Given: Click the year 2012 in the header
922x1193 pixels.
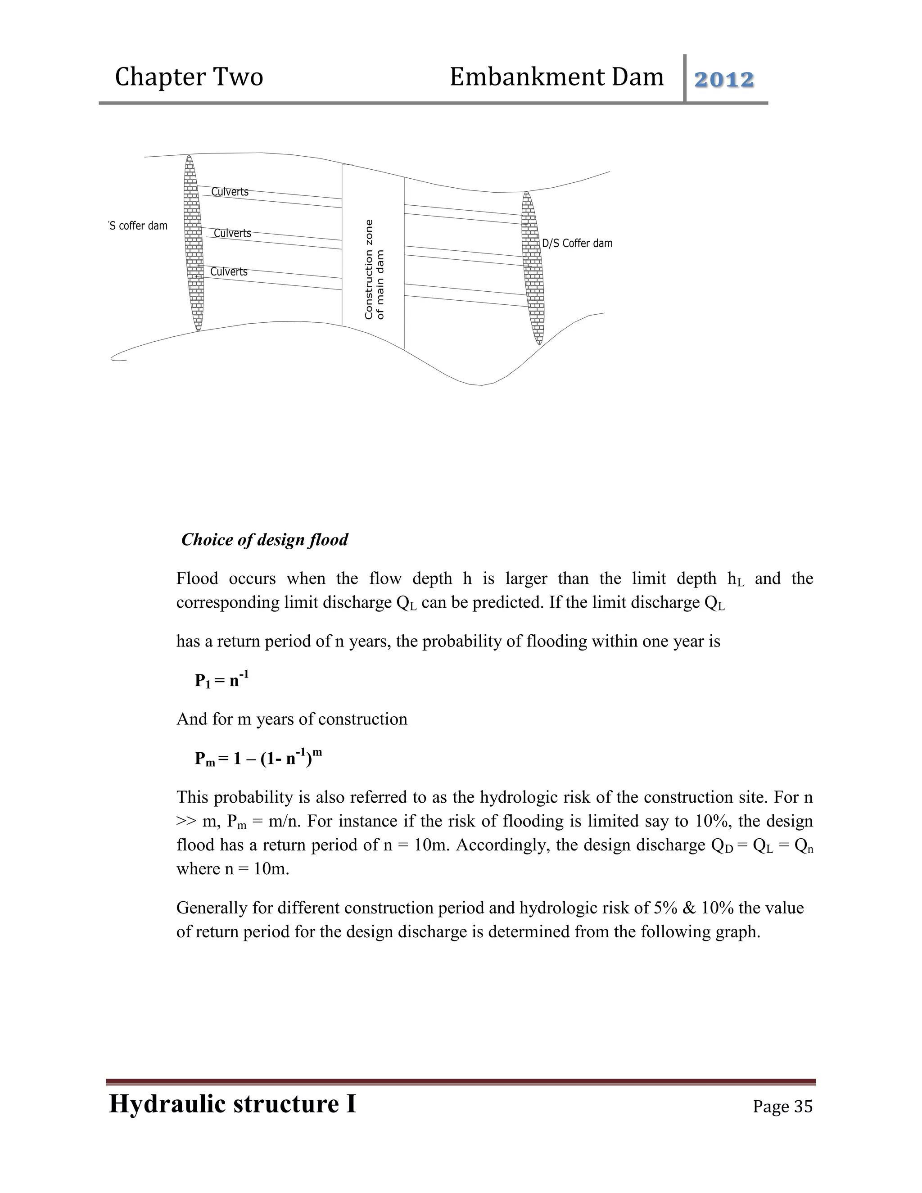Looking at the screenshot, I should point(724,80).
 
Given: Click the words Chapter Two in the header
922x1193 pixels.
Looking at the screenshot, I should point(189,77).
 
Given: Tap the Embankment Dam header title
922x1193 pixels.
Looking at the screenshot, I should point(556,77).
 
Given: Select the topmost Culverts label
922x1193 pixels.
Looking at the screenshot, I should point(230,192).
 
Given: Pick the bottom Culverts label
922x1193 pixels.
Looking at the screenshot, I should point(228,271).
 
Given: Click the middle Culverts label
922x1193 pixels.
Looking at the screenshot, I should point(232,233).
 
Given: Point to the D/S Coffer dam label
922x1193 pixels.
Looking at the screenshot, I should point(577,244).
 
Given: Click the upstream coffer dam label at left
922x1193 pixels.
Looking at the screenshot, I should point(138,226).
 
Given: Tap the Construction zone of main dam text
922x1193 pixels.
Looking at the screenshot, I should point(374,269).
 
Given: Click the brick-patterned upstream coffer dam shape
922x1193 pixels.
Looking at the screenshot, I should point(193,243).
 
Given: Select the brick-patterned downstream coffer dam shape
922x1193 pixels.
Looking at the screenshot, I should point(533,268).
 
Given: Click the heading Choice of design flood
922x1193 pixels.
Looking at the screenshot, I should point(264,540).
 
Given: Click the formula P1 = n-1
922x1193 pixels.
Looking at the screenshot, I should point(222,679).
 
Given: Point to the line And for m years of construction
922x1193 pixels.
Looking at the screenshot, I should point(292,719).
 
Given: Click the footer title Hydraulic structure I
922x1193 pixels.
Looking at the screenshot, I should point(233,1103).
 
